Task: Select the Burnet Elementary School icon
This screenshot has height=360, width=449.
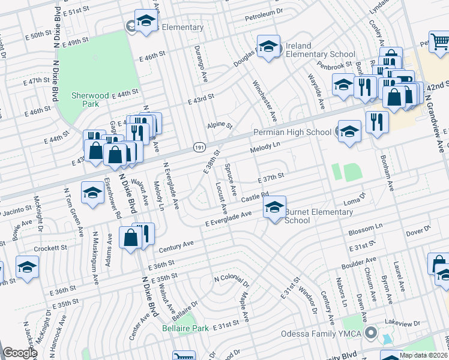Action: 274,208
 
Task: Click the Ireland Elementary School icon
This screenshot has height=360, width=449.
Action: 269,47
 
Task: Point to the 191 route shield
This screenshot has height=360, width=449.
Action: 199,147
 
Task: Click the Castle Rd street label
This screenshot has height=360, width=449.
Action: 255,197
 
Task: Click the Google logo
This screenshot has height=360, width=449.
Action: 20,353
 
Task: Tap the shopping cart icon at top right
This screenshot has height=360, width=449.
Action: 439,41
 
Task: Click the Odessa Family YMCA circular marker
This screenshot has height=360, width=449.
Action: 372,332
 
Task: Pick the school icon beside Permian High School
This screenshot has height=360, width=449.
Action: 349,131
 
